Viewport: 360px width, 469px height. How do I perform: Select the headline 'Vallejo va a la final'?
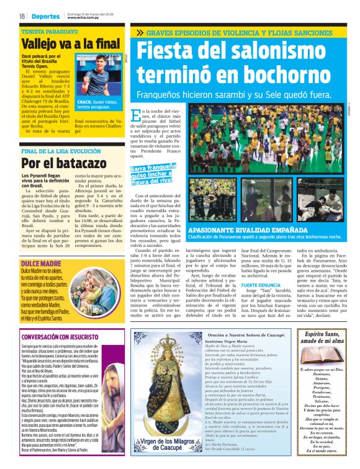[63, 43]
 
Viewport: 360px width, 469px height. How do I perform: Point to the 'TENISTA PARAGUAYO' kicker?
[45, 30]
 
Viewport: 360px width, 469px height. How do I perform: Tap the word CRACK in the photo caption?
[84, 102]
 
